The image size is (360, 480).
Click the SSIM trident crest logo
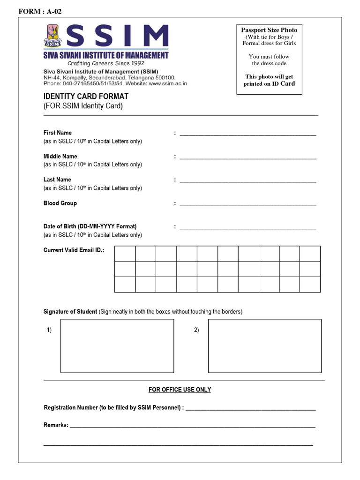(x=54, y=36)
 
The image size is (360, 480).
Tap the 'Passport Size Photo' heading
(x=269, y=30)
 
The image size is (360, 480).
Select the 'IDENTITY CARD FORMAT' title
(x=86, y=96)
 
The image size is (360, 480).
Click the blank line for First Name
(x=247, y=134)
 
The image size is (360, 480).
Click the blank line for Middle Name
(x=247, y=157)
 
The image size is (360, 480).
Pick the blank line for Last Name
(x=247, y=181)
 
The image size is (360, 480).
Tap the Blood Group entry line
(x=247, y=204)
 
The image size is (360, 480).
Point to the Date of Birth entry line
(x=247, y=228)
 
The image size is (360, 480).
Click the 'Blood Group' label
(x=60, y=203)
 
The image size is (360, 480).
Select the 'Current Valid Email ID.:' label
(x=74, y=250)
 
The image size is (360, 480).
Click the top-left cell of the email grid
(x=125, y=254)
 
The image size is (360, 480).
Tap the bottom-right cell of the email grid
(x=310, y=285)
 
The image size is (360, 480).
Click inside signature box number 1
(x=117, y=346)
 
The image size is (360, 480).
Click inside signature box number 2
(x=265, y=346)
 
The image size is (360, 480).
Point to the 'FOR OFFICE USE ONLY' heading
(x=180, y=390)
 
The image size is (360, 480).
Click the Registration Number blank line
(x=251, y=409)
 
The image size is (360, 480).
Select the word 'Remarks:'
(x=56, y=425)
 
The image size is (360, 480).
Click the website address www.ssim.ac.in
(x=168, y=83)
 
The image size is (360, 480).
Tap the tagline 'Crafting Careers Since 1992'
(x=106, y=63)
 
